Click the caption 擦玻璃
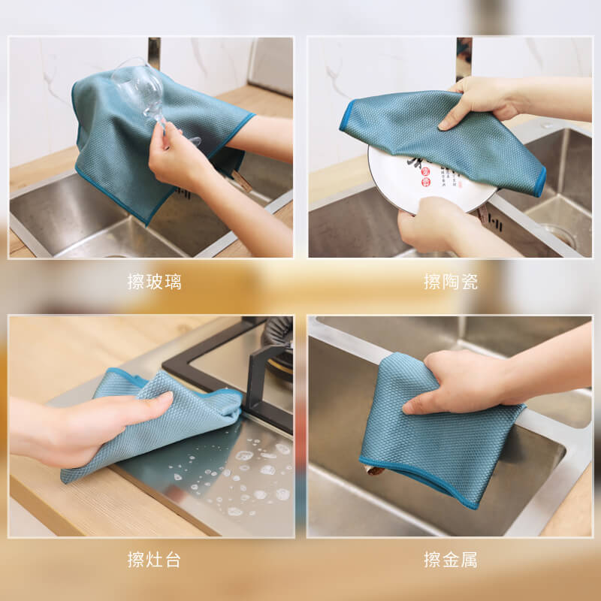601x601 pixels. pyautogui.click(x=155, y=282)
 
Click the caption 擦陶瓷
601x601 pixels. pyautogui.click(x=451, y=282)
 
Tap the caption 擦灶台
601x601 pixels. pyautogui.click(x=155, y=560)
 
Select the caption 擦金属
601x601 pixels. pyautogui.click(x=451, y=560)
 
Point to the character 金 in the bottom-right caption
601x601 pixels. pyautogui.click(x=451, y=560)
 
